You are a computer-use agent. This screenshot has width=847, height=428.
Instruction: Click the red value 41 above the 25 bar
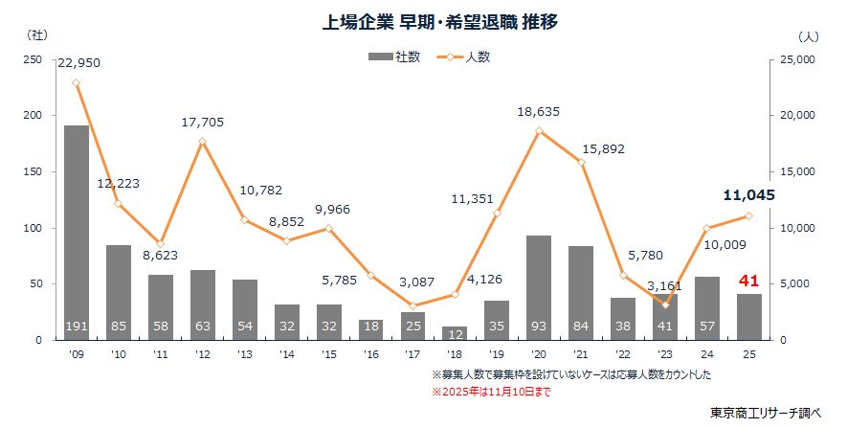coord(749,282)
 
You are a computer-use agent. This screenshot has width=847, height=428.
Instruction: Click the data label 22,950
coord(78,63)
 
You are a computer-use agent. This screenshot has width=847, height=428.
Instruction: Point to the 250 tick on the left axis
coord(33,59)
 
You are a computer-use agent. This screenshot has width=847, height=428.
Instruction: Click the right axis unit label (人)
coord(808,34)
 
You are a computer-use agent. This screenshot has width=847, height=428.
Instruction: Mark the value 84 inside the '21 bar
coord(581,327)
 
